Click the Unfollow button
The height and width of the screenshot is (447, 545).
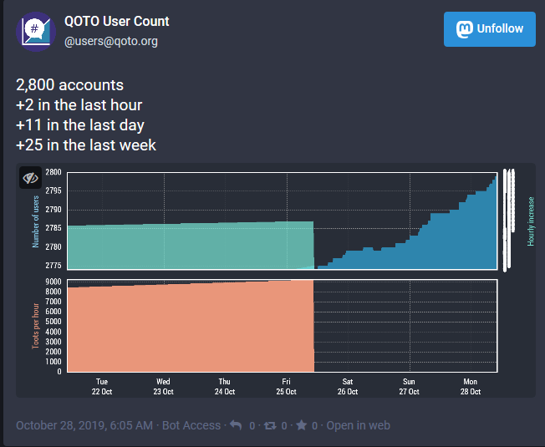pos(490,29)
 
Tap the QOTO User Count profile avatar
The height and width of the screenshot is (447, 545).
pos(34,32)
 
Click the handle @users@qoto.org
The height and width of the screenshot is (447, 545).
pos(111,41)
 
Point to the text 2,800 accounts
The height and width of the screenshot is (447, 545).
pos(70,85)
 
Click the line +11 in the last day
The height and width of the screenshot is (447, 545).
pos(80,125)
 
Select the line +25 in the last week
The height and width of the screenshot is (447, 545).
pos(86,145)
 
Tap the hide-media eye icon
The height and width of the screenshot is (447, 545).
pos(31,178)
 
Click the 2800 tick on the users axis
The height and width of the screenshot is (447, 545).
pos(53,172)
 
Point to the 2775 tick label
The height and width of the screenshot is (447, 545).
pos(53,265)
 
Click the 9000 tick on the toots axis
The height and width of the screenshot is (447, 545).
pos(53,282)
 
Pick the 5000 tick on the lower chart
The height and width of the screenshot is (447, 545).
pos(53,322)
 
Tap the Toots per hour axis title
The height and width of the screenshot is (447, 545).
pos(37,325)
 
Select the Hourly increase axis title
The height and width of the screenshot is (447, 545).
pos(531,221)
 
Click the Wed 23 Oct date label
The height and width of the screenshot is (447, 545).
pos(163,386)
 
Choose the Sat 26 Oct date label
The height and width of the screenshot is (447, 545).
pos(348,386)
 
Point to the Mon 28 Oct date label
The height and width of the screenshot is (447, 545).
pos(470,386)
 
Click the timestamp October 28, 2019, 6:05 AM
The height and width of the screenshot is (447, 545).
pos(84,425)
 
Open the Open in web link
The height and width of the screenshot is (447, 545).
pos(358,425)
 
